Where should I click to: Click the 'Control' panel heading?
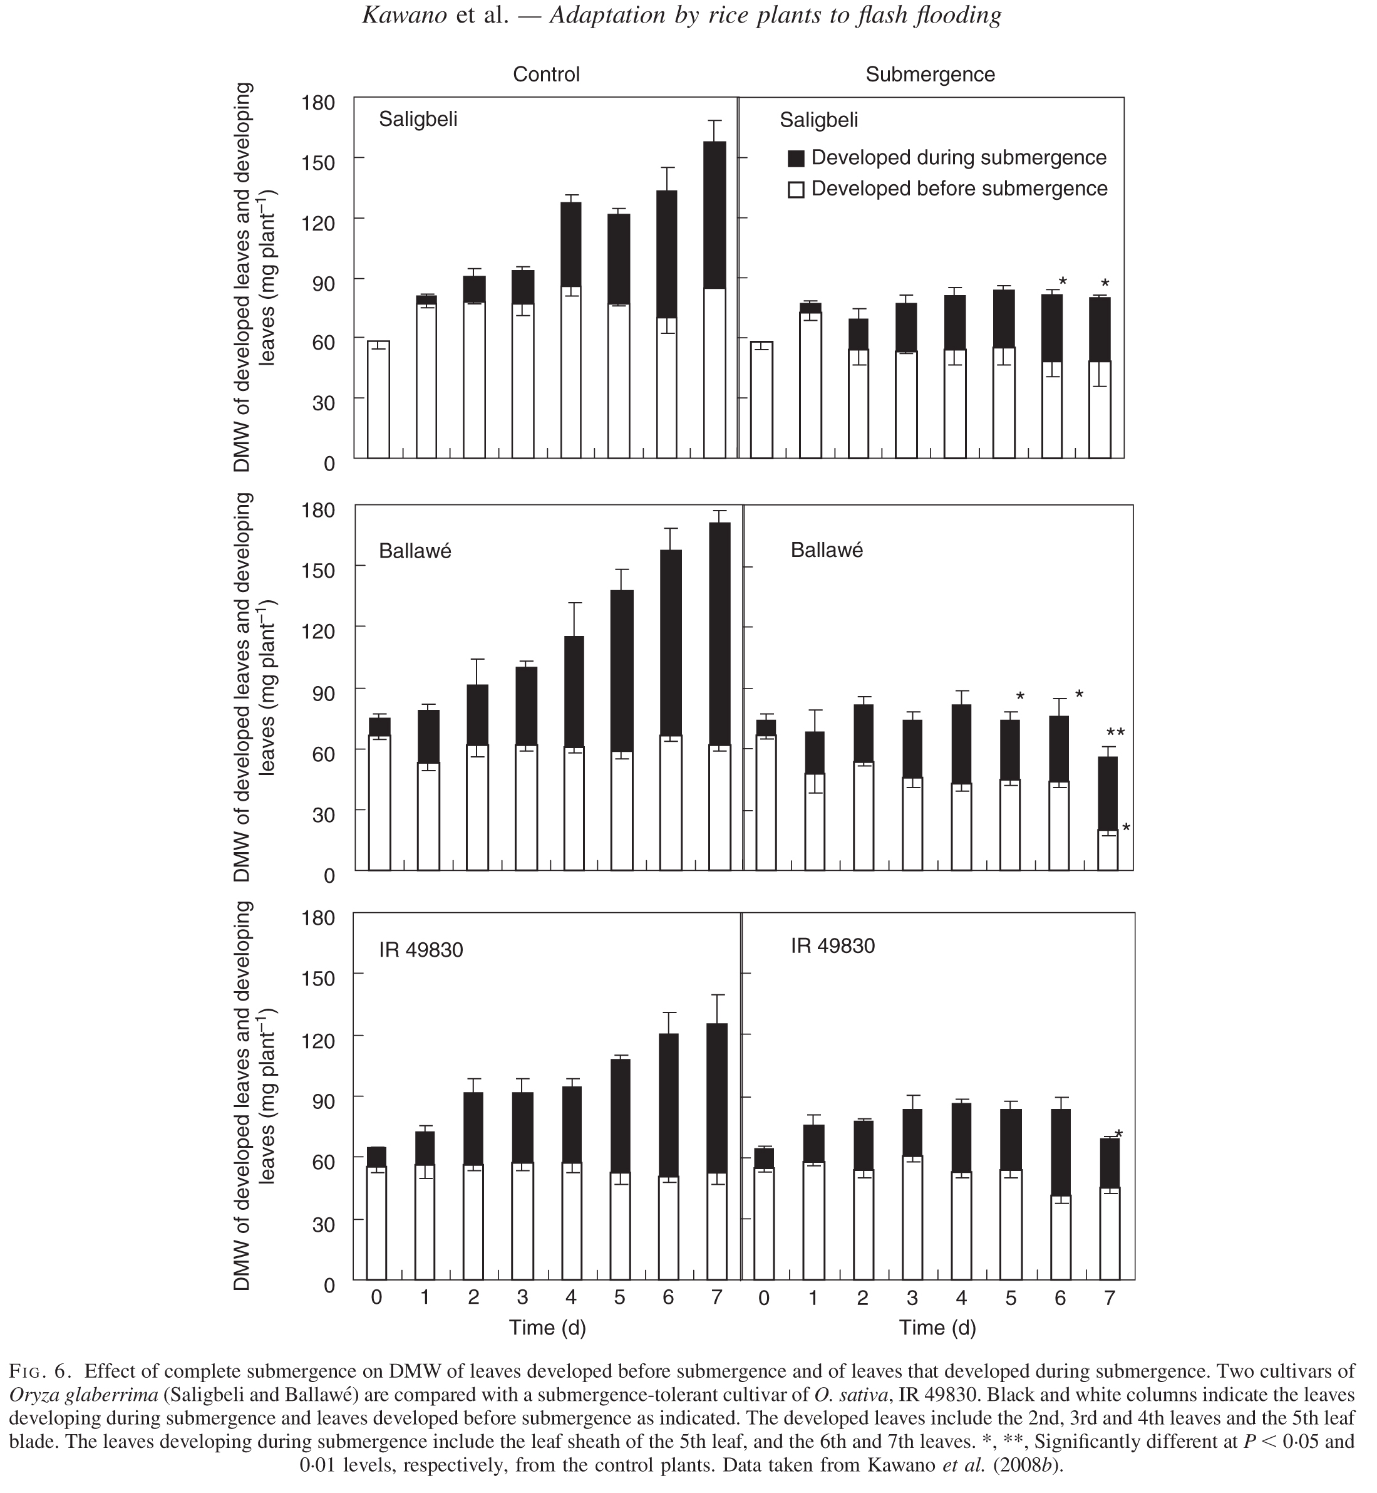coord(545,75)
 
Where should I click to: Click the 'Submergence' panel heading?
coord(930,75)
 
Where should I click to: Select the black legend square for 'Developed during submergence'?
coord(796,158)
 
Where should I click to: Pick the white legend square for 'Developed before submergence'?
coord(796,189)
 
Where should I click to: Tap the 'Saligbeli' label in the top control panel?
coord(418,119)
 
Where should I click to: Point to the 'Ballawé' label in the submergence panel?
coord(827,550)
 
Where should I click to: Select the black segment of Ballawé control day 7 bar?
coord(719,633)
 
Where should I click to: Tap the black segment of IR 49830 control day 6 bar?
coord(668,1105)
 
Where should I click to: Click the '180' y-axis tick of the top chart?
coord(318,101)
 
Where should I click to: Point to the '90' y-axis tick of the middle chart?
coord(318,690)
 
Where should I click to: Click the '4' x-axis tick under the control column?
coord(570,1298)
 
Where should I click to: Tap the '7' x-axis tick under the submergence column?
coord(1110,1298)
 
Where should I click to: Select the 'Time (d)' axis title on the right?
coord(937,1328)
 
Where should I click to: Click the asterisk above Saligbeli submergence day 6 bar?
coord(1063,282)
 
